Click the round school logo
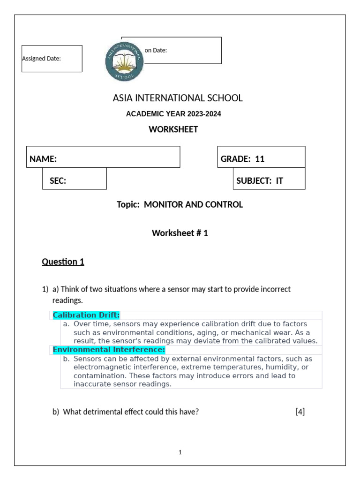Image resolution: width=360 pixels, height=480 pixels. tap(124, 61)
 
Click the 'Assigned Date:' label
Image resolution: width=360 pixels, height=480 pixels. tap(42, 59)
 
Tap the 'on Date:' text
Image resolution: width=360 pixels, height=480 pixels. tap(156, 50)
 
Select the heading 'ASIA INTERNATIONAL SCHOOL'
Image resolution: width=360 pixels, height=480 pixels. tap(178, 98)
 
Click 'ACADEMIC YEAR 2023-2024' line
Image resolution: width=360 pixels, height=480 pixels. tap(173, 114)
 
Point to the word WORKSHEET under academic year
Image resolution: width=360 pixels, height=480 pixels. tap(173, 129)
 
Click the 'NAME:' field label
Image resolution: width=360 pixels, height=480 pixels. tap(43, 159)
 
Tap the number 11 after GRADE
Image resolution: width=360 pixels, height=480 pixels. tap(260, 159)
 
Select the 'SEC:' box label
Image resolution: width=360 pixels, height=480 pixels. tap(58, 181)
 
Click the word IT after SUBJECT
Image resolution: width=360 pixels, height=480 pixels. tap(280, 181)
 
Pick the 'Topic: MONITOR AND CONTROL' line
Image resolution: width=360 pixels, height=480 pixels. tap(180, 204)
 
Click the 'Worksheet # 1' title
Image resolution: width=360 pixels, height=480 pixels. tap(180, 233)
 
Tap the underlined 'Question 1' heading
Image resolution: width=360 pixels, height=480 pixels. tap(63, 262)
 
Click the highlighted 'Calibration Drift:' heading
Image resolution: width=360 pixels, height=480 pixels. tap(86, 315)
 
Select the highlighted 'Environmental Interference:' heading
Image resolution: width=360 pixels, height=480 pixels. tap(109, 350)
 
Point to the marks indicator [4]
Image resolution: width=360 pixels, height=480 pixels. tap(300, 412)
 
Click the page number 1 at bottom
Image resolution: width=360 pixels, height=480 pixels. tap(180, 452)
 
